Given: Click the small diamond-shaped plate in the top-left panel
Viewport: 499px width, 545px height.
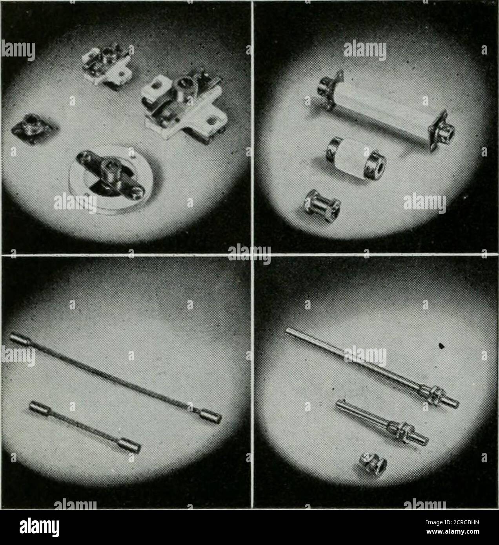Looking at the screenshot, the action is point(34,128).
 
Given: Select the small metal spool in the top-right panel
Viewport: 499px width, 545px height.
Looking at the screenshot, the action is point(322,205).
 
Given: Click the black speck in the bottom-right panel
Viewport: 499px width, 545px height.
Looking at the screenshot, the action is point(442,346).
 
